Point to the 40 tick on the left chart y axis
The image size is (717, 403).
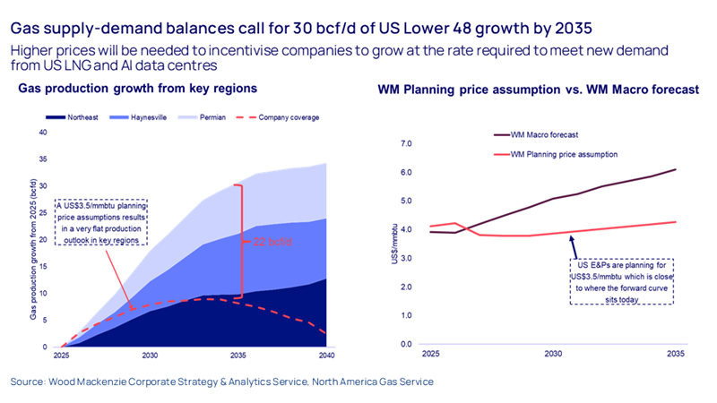pyautogui.click(x=41, y=133)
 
